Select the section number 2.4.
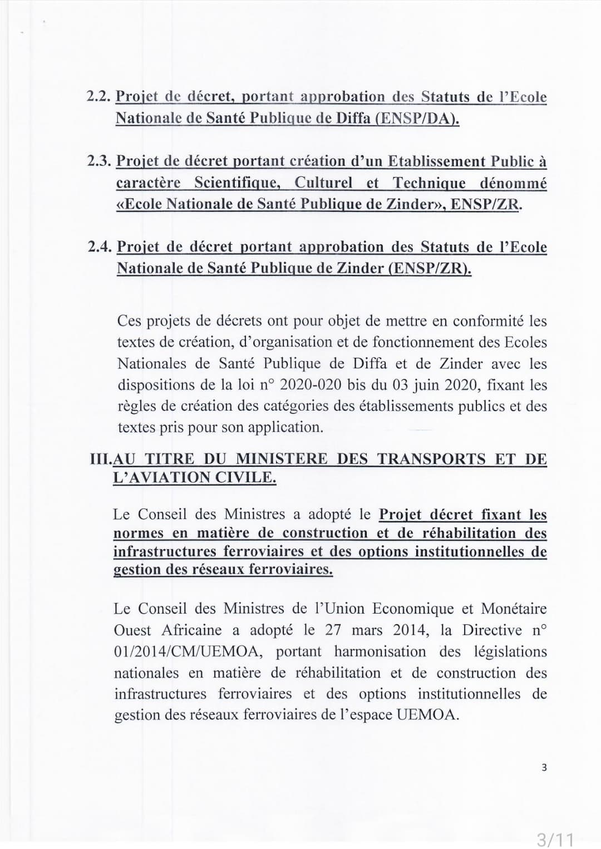(x=100, y=247)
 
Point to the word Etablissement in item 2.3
(x=436, y=161)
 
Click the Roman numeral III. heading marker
(x=101, y=460)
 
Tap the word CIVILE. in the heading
(x=249, y=478)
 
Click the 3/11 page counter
(x=554, y=838)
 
